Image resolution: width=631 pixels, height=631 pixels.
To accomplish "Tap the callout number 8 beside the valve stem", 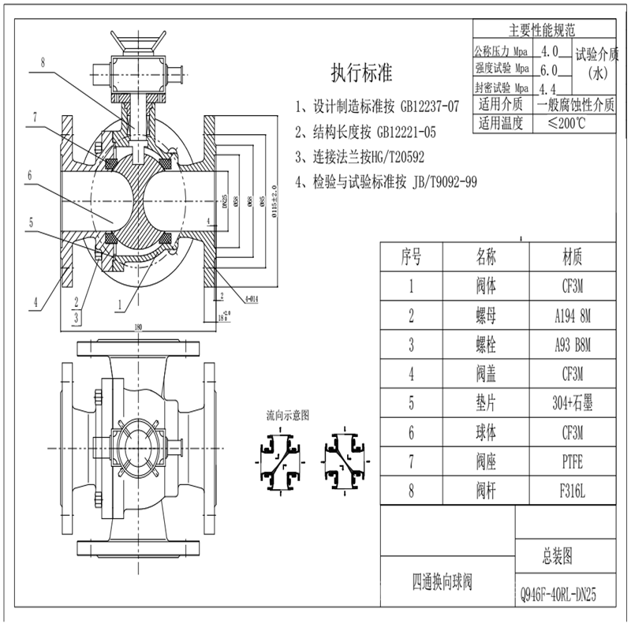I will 43,60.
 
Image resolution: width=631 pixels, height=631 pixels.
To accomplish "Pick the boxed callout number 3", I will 76,316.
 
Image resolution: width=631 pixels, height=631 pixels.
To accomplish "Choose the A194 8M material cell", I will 573,315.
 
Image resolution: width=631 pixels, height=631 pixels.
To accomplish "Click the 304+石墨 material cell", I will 573,403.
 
